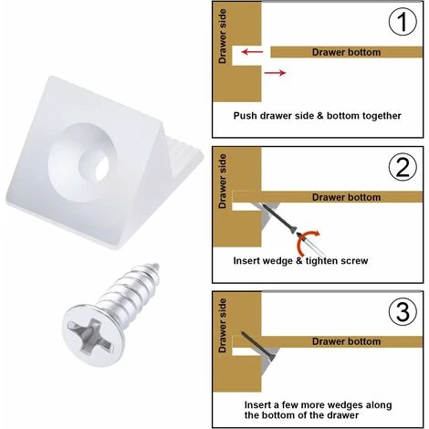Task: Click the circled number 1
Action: [x=403, y=22]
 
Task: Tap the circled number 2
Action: [x=403, y=167]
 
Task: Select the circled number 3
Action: [x=403, y=311]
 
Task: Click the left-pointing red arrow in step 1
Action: [x=252, y=52]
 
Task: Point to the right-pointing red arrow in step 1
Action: [x=275, y=73]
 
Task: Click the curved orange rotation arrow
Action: [x=305, y=240]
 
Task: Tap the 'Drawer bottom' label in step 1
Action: [x=346, y=52]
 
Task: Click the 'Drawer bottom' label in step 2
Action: [x=346, y=197]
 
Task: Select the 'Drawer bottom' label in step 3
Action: [x=346, y=341]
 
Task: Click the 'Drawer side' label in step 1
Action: [x=223, y=37]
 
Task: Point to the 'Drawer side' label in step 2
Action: [x=223, y=181]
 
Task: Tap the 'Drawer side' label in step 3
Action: [x=223, y=326]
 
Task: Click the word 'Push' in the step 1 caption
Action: [x=245, y=116]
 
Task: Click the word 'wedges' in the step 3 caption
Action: [x=343, y=405]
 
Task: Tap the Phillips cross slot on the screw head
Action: [x=89, y=336]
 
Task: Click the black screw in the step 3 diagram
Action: [x=258, y=345]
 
